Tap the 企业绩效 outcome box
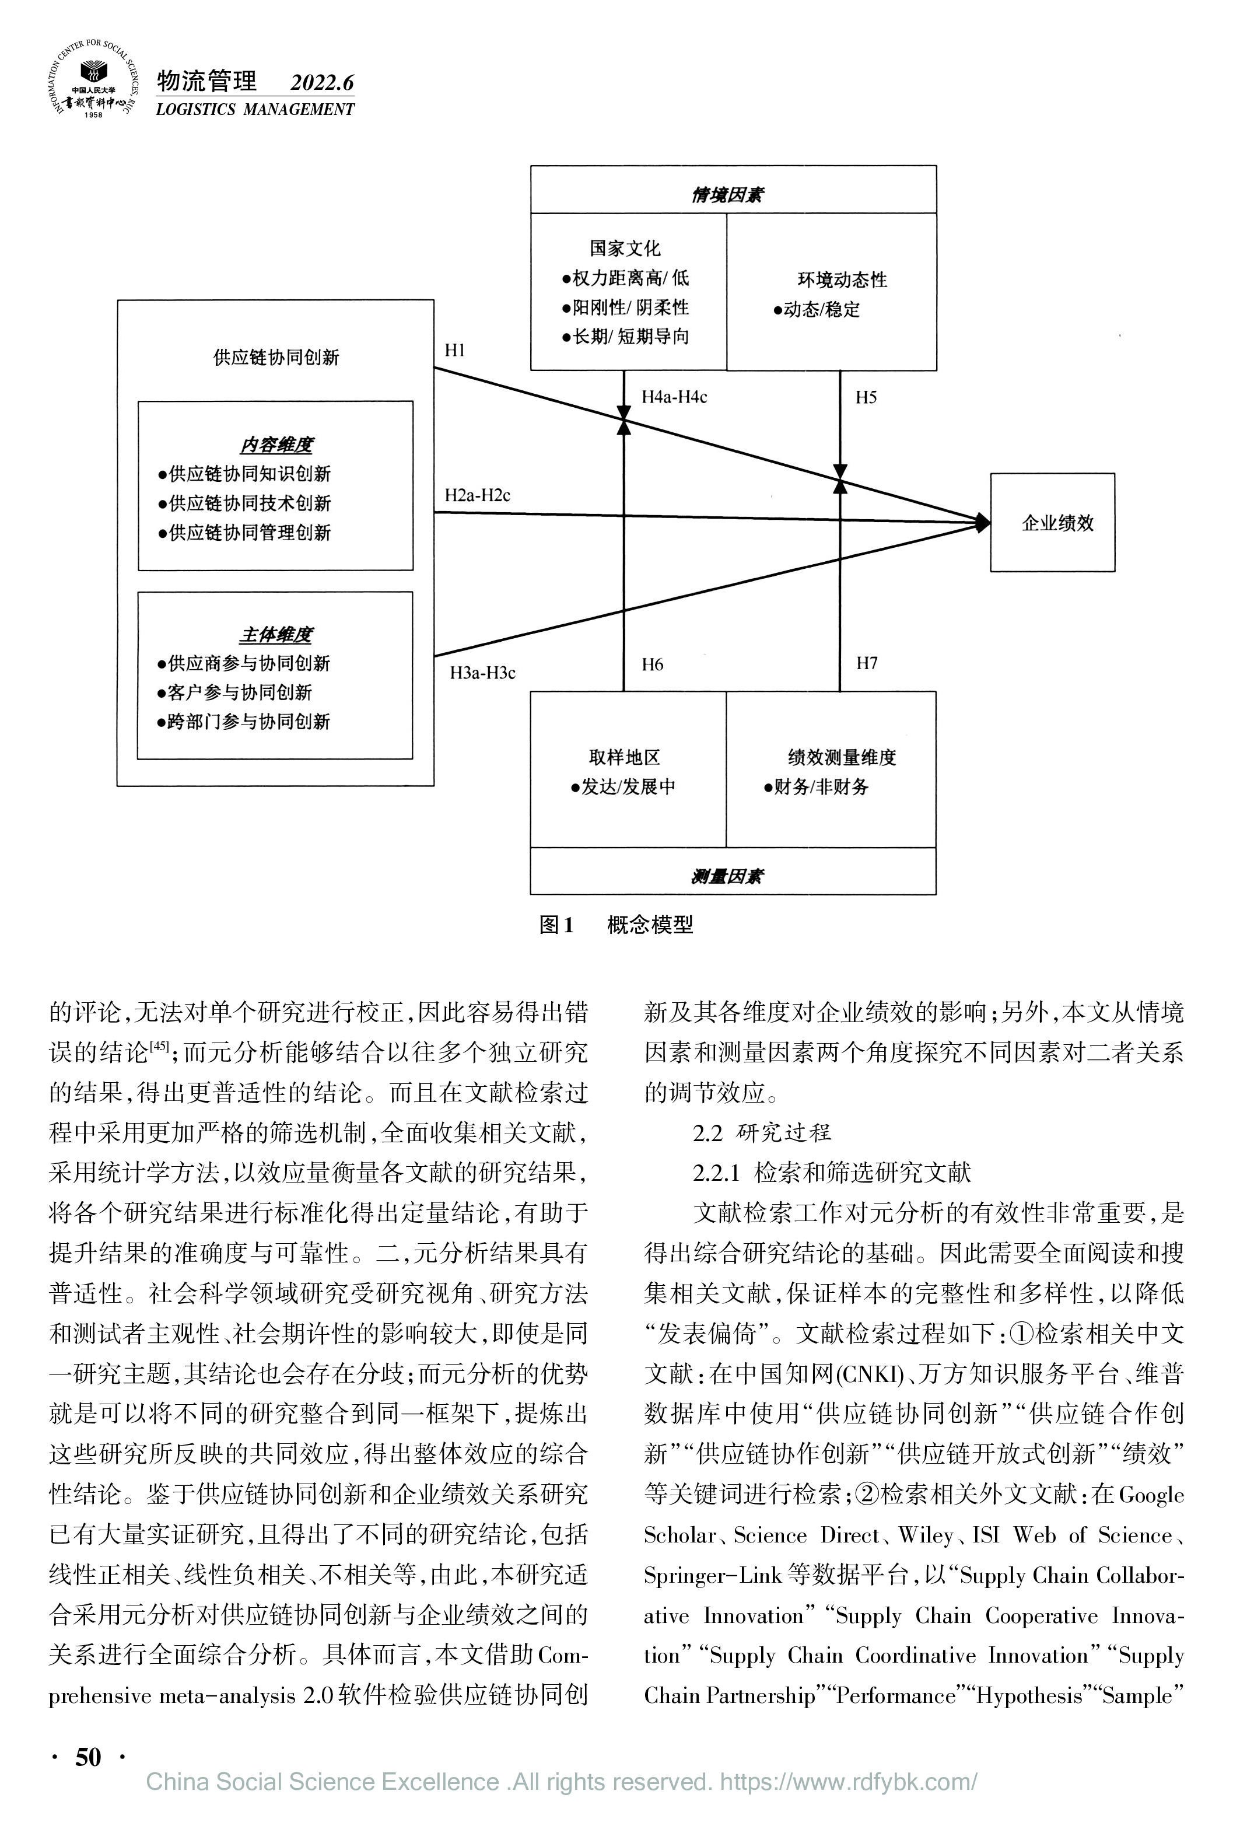(x=1052, y=522)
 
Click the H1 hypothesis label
(x=454, y=351)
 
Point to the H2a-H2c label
(x=477, y=495)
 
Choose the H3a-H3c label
(x=482, y=673)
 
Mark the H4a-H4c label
(x=674, y=397)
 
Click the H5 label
(x=866, y=397)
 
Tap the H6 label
(x=652, y=664)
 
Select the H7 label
(x=867, y=664)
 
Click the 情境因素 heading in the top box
(x=727, y=195)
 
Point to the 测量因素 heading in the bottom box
(x=727, y=876)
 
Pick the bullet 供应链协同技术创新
(x=244, y=503)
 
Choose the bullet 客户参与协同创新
(x=234, y=693)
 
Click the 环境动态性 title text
(x=842, y=280)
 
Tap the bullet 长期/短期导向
(x=625, y=337)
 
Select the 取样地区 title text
(x=624, y=757)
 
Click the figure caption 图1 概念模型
(x=616, y=925)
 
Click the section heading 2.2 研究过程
(x=761, y=1132)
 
